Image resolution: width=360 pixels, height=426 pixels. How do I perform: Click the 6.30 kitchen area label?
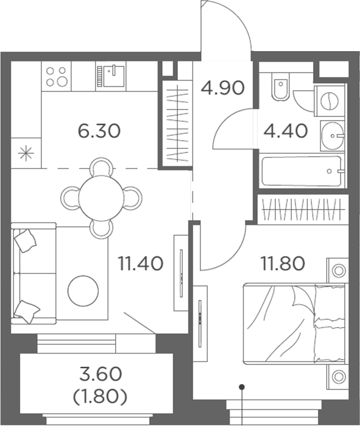point(100,130)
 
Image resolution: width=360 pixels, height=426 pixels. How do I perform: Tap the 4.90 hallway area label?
point(222,88)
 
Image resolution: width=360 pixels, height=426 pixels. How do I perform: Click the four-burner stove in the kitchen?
point(57,76)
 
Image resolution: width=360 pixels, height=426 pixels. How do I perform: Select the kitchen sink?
point(110,76)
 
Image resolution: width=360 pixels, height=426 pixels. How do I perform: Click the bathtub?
point(301,172)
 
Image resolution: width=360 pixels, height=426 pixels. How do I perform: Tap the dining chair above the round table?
point(101,166)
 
